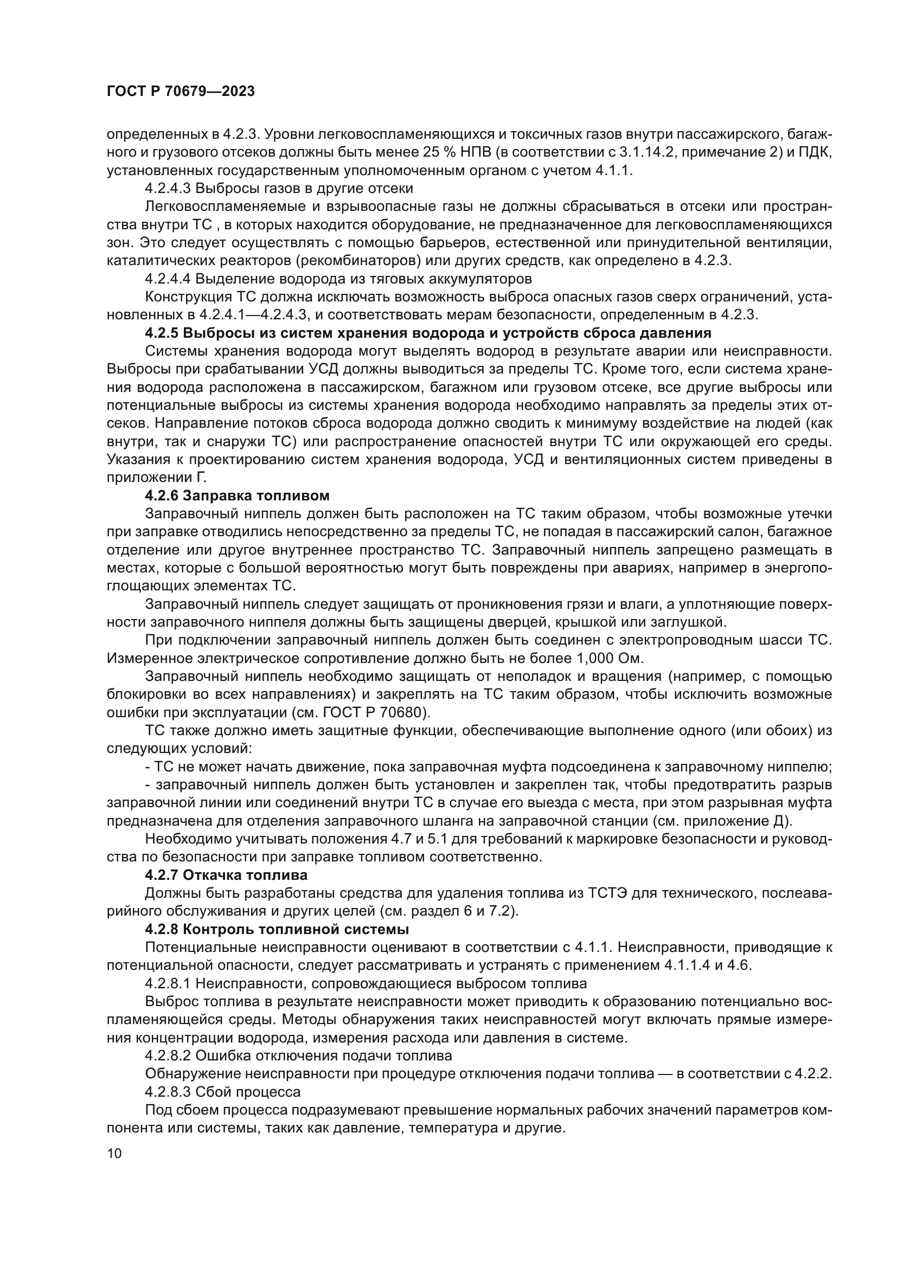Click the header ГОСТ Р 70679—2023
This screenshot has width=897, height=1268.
point(181,92)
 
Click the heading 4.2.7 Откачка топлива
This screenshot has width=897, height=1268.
point(226,876)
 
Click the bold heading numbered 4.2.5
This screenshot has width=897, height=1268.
point(428,333)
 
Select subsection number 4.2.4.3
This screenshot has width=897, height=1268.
point(168,188)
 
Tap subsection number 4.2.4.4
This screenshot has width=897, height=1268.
point(168,279)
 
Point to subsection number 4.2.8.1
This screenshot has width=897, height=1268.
point(168,983)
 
